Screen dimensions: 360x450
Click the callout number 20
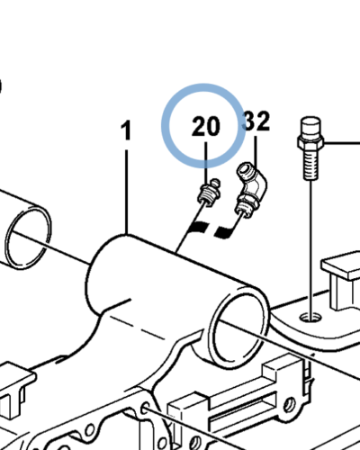[x=206, y=126]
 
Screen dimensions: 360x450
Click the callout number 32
[x=256, y=121]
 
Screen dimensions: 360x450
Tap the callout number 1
[x=127, y=130]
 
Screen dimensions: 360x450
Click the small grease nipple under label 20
[x=209, y=193]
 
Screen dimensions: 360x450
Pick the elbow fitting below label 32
[x=250, y=189]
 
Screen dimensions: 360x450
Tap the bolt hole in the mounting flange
[x=310, y=317]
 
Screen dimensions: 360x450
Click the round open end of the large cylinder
[x=240, y=327]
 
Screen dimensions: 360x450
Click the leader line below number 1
[x=127, y=192]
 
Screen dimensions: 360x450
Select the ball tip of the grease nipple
[x=215, y=182]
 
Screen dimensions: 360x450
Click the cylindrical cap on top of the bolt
[x=310, y=128]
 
